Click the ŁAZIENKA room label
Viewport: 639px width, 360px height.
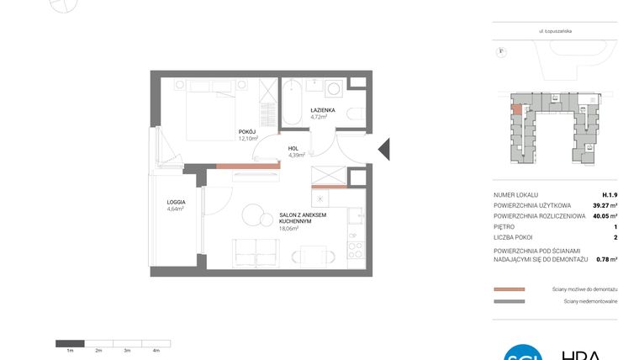[324, 110]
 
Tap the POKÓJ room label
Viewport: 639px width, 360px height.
[247, 131]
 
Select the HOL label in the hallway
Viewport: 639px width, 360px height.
[293, 148]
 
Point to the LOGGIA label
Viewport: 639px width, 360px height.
[176, 202]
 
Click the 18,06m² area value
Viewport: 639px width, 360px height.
[289, 227]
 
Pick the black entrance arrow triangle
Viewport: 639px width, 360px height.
[383, 149]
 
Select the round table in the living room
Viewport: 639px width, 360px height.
[252, 214]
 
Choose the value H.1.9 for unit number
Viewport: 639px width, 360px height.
[610, 194]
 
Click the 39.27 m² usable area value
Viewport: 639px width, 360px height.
[602, 205]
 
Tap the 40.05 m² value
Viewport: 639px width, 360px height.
[602, 216]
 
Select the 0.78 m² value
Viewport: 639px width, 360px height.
[605, 259]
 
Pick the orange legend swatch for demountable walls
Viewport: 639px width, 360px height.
[510, 288]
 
